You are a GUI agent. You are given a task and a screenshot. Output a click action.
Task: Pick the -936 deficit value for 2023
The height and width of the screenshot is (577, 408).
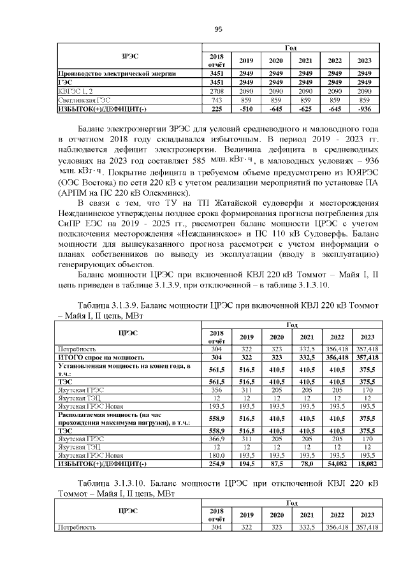point(365,109)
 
